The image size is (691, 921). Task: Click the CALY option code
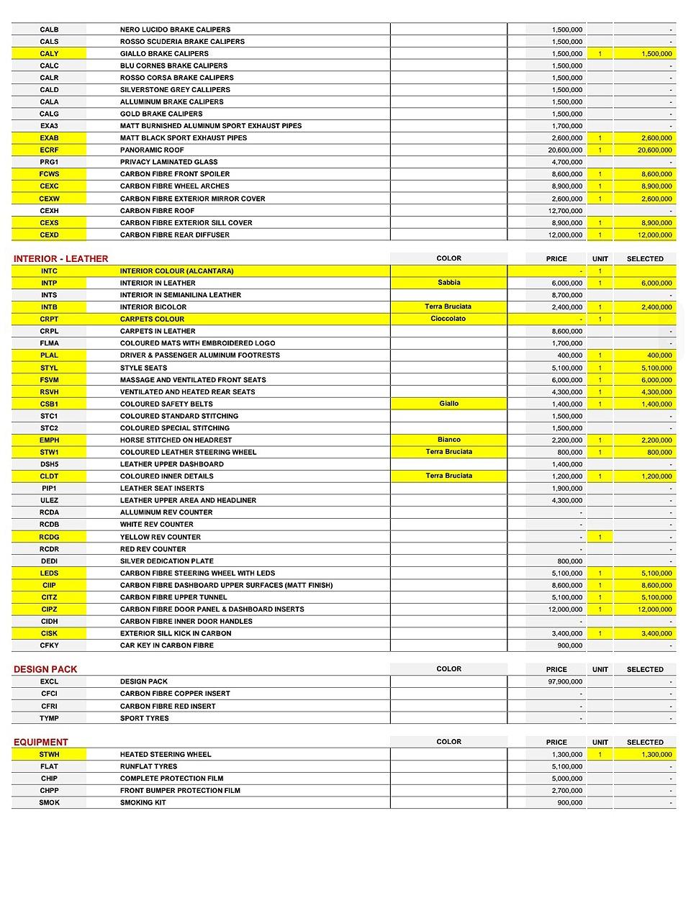click(x=49, y=53)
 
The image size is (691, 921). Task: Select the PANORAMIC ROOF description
click(x=152, y=150)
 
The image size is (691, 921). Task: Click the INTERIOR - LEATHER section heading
click(x=60, y=258)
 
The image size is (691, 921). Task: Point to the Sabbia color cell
click(x=448, y=283)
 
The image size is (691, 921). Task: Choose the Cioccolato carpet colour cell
click(x=448, y=319)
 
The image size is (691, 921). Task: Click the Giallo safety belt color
click(x=448, y=404)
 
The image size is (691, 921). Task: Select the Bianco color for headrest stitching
click(x=448, y=440)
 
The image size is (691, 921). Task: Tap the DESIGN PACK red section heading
click(x=45, y=669)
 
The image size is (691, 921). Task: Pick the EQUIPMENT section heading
click(x=40, y=742)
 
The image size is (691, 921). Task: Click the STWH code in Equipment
click(x=49, y=754)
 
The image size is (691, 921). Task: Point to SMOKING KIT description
click(x=143, y=802)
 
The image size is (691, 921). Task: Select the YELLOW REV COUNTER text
click(x=160, y=537)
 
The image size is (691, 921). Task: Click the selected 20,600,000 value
click(x=656, y=150)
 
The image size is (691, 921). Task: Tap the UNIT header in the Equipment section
click(x=600, y=742)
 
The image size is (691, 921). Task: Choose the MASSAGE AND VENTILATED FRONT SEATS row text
click(x=193, y=380)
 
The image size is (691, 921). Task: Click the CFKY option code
click(x=49, y=645)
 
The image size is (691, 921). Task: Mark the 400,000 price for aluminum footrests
click(x=570, y=355)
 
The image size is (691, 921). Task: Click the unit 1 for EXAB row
click(x=600, y=137)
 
